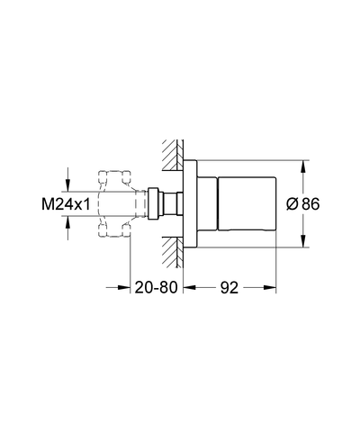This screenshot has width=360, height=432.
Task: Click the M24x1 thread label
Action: (x=66, y=205)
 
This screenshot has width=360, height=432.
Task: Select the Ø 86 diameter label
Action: (x=303, y=204)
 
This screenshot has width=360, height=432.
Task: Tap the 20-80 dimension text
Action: (x=156, y=287)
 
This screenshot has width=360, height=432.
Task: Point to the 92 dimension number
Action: (x=229, y=288)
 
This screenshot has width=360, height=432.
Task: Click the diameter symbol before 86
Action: (x=292, y=204)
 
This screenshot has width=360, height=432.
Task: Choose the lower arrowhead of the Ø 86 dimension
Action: (x=303, y=241)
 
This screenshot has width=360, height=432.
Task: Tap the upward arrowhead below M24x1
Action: (x=67, y=222)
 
